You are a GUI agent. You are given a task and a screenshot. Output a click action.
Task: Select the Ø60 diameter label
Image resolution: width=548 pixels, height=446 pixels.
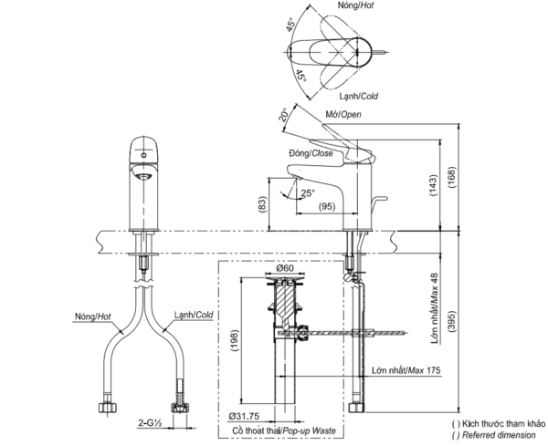pyautogui.click(x=284, y=269)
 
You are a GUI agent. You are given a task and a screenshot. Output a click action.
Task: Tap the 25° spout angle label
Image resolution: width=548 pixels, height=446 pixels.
pyautogui.click(x=308, y=192)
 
